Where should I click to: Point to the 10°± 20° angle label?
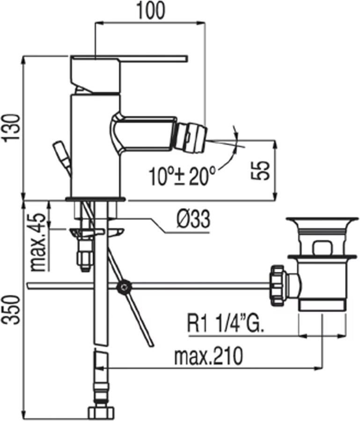point(183,176)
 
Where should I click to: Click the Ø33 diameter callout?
point(193,219)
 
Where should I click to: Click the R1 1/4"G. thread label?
point(226,324)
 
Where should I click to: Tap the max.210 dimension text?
point(208,356)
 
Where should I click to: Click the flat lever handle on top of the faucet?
point(129,58)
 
